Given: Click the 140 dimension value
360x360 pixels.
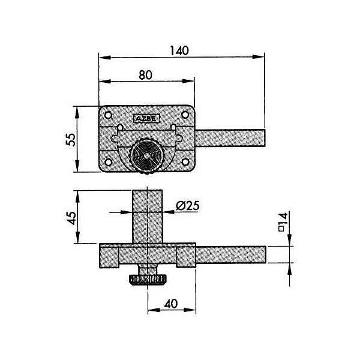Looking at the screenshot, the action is pyautogui.click(x=179, y=50).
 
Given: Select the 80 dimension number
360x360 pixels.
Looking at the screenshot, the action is pyautogui.click(x=146, y=75).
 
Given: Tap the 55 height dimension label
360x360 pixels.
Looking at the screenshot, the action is pyautogui.click(x=71, y=139).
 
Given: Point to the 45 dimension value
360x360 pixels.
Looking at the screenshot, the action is pyautogui.click(x=72, y=218).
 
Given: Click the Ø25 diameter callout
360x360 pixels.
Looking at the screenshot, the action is pyautogui.click(x=187, y=206).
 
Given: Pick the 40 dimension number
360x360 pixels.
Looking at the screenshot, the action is pyautogui.click(x=171, y=304).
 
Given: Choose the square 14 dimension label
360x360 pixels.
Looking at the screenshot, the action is pyautogui.click(x=283, y=222).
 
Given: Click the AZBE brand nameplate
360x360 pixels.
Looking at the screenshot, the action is pyautogui.click(x=146, y=119).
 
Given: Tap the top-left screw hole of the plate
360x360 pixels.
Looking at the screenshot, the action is pyautogui.click(x=108, y=115).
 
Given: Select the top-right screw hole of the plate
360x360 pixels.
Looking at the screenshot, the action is pyautogui.click(x=185, y=115).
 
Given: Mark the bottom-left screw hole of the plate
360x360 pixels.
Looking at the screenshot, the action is pyautogui.click(x=108, y=162).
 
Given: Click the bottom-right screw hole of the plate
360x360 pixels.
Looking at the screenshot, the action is pyautogui.click(x=185, y=162).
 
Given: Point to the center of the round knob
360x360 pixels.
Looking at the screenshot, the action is pyautogui.click(x=147, y=157).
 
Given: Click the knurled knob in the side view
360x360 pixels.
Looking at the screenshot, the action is pyautogui.click(x=148, y=280).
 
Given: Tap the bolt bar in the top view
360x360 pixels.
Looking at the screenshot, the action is pyautogui.click(x=230, y=138).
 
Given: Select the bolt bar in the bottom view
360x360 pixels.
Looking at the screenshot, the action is pyautogui.click(x=231, y=254).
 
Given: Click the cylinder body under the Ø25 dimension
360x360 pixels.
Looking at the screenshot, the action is pyautogui.click(x=148, y=217).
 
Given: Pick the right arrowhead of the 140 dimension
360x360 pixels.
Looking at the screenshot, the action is pyautogui.click(x=259, y=57).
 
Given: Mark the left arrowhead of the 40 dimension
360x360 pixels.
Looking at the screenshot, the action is pyautogui.click(x=154, y=310).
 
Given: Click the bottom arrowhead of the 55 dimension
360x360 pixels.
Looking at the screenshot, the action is pyautogui.click(x=77, y=166).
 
